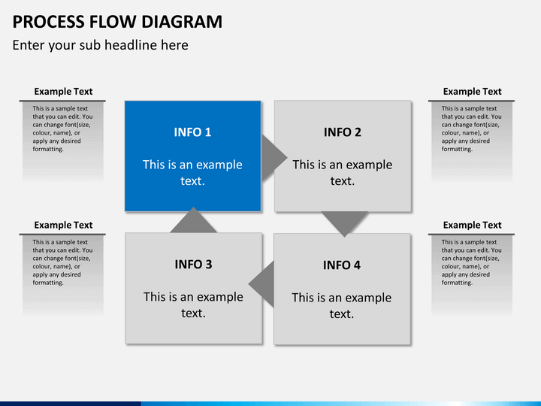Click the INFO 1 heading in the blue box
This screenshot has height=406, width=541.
coord(192,132)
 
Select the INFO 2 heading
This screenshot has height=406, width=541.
coord(342,132)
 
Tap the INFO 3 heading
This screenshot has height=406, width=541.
coord(193,265)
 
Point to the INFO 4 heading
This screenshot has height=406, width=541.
coord(341,265)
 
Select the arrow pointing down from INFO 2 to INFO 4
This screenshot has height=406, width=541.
coord(344,221)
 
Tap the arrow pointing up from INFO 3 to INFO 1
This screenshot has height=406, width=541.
coord(193,221)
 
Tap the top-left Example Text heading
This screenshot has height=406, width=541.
coord(63,92)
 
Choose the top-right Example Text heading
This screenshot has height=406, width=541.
coord(472,92)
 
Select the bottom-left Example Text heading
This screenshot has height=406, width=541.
coord(63,225)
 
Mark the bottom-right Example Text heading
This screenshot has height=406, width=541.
coord(472,225)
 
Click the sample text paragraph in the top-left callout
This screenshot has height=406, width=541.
coord(62,129)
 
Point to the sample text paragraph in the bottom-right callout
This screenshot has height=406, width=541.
coord(471,262)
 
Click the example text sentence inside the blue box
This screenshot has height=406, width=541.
coord(192,172)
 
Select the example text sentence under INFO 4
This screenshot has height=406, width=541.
coord(341,305)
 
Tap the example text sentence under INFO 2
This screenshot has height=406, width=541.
coord(342,172)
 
